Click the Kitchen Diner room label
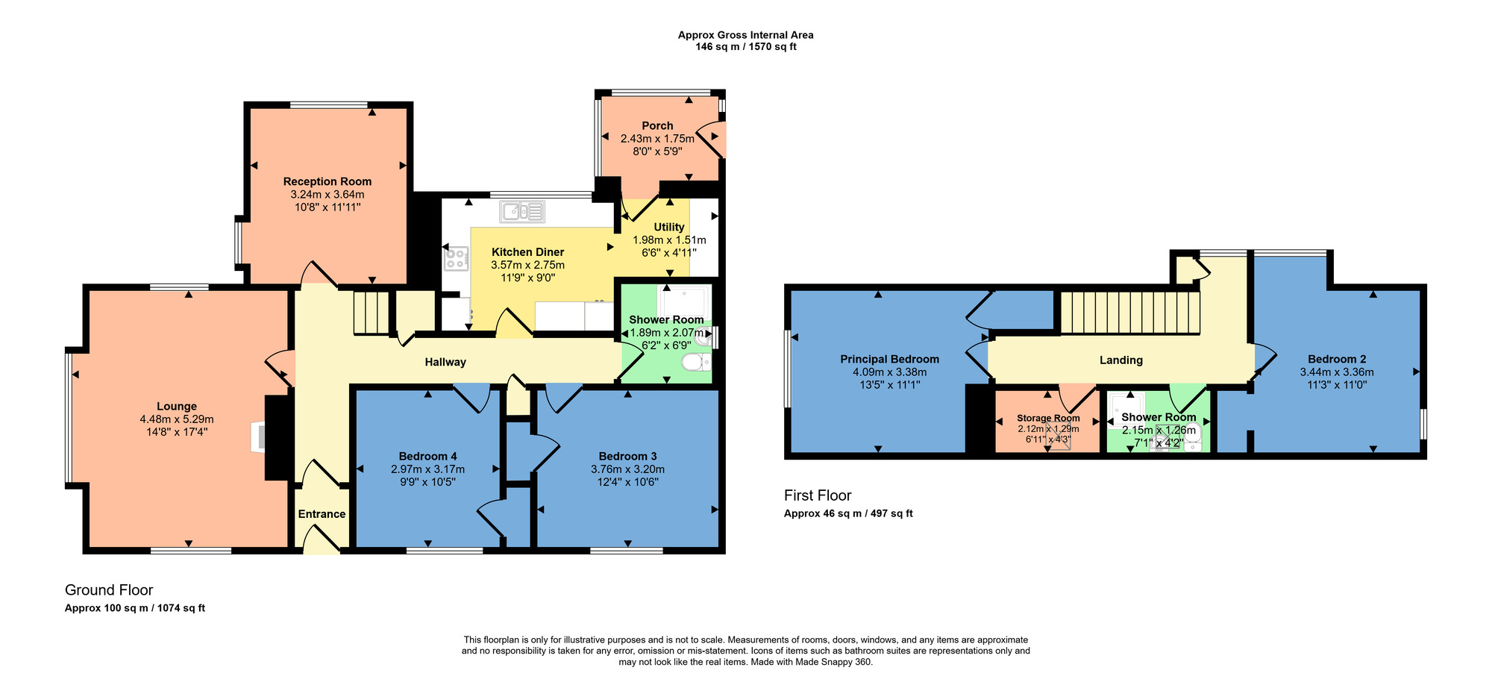coord(527,252)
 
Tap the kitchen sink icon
coord(523,212)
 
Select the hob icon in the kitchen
coord(457,259)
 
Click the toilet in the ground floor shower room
coord(695,363)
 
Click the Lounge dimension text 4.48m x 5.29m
coord(177,419)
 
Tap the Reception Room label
coord(327,181)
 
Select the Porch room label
coord(657,126)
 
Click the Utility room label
coord(669,227)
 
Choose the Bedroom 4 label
coord(427,457)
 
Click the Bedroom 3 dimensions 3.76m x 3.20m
coord(627,469)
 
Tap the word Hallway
coord(445,362)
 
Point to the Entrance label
coord(322,514)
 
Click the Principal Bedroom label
coord(889,360)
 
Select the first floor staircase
coord(1130,313)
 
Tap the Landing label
coord(1120,360)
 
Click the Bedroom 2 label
coord(1337,360)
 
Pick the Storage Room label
coord(1048,418)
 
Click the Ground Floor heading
coord(109,590)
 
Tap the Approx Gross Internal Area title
coord(745,35)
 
